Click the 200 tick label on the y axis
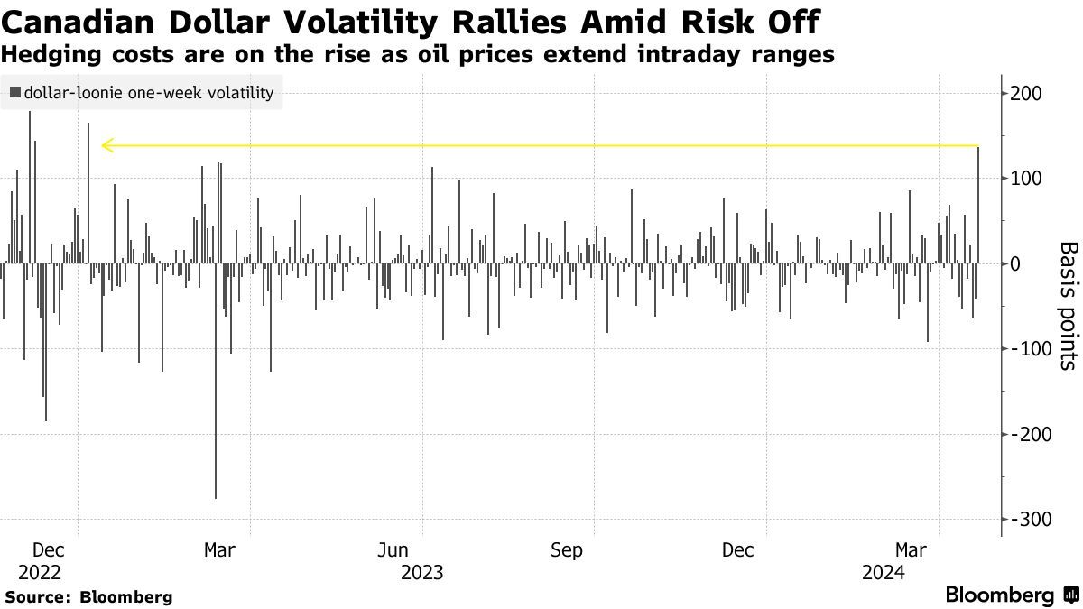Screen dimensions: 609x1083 tap(1031, 94)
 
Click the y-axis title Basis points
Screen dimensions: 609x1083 tap(1067, 306)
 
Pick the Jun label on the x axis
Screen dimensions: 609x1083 tap(393, 550)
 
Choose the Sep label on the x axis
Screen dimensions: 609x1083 tap(566, 550)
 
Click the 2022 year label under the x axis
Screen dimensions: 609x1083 tap(40, 572)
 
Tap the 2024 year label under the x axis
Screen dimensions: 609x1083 tap(884, 572)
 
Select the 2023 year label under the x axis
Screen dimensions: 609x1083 tap(421, 572)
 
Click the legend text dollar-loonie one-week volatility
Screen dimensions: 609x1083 tap(149, 92)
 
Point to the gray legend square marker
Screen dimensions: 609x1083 tap(15, 92)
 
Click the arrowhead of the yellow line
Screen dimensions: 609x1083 tap(106, 145)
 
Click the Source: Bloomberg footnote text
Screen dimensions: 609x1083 tap(88, 597)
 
